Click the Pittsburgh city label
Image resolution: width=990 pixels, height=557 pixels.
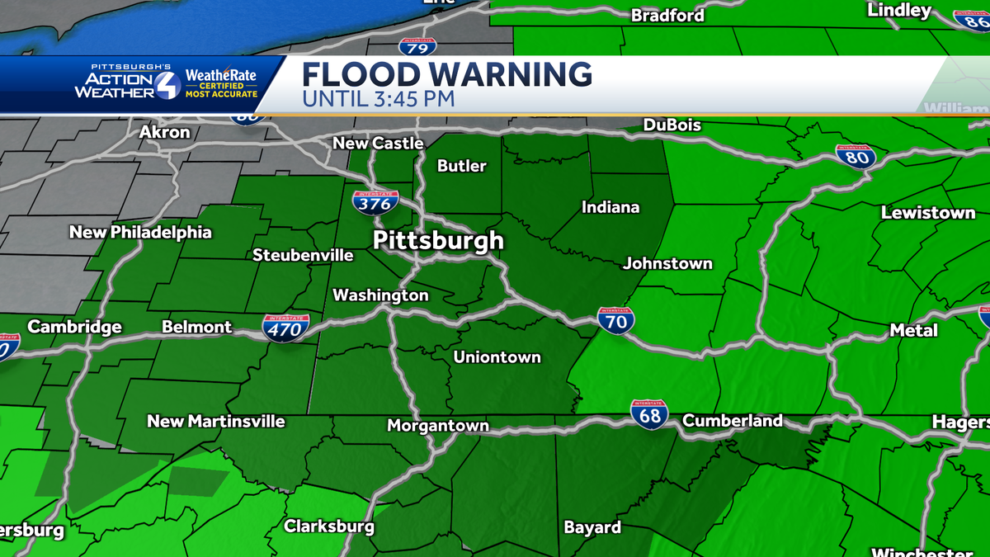(438, 241)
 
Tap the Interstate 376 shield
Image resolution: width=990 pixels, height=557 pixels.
(375, 201)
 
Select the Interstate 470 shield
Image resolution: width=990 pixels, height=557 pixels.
(286, 328)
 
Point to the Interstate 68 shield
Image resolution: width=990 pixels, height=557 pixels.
(650, 414)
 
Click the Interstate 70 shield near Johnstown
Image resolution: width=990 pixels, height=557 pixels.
(616, 320)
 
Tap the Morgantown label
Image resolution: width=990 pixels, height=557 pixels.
(438, 426)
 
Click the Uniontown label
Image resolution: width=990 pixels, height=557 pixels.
(497, 357)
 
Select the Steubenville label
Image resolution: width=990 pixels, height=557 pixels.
(303, 255)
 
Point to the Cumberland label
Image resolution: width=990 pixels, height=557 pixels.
(732, 421)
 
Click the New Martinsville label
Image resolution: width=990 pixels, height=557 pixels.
(216, 422)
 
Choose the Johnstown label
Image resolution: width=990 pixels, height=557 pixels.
(667, 264)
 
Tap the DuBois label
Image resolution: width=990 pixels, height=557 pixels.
(672, 125)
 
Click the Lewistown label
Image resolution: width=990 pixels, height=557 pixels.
(927, 213)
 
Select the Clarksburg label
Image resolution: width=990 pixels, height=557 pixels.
(328, 526)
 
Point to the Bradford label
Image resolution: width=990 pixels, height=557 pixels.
(667, 16)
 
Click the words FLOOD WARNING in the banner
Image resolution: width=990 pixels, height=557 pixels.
(447, 75)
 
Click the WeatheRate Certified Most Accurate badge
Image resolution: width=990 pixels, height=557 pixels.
(220, 83)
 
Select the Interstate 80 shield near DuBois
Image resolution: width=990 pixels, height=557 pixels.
(855, 157)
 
